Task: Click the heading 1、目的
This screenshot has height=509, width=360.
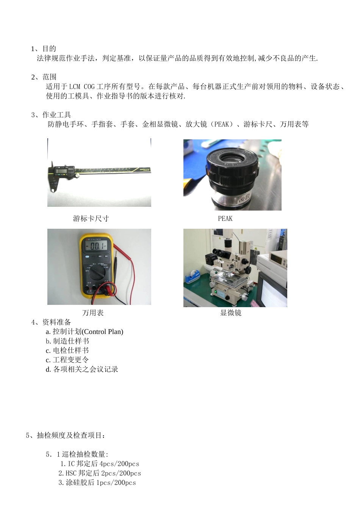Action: point(44,48)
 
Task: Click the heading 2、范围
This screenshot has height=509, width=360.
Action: point(44,77)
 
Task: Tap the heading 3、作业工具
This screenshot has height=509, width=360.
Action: point(51,115)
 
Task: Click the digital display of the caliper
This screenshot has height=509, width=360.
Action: point(61,171)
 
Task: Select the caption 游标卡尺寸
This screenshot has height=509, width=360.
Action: point(91,219)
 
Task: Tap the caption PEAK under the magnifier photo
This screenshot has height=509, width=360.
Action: point(225,219)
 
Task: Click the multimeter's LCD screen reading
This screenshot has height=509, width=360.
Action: point(96,247)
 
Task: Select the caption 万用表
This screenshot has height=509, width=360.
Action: point(93,313)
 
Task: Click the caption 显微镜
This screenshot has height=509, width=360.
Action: point(231,313)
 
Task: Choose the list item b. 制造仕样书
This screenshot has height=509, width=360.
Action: point(67,341)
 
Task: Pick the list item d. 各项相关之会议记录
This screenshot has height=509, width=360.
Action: point(82,369)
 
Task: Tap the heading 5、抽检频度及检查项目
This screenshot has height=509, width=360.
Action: point(65,436)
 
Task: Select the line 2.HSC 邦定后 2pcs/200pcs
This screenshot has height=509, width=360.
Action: point(100,473)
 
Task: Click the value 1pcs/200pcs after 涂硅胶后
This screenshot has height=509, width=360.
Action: point(116,483)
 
